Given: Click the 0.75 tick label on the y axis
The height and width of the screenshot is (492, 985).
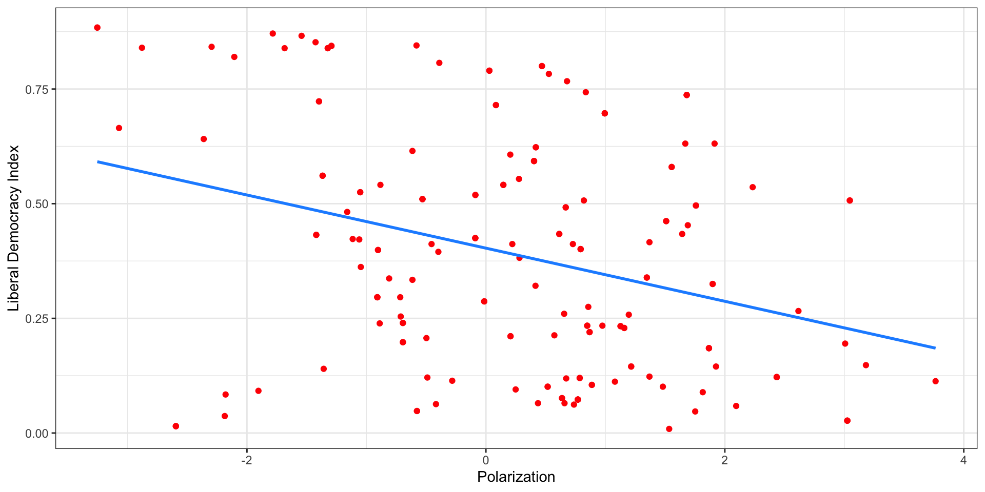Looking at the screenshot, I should click(36, 90).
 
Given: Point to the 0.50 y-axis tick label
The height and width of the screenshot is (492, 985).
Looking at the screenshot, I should click(36, 204).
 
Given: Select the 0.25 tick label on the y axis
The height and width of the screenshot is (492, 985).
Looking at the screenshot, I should click(36, 319).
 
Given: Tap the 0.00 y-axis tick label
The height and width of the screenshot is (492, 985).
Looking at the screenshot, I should click(36, 434).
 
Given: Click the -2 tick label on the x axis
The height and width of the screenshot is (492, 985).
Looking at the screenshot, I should click(246, 460).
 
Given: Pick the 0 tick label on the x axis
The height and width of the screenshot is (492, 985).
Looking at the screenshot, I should click(485, 460).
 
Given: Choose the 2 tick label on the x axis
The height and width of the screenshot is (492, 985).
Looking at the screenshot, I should click(724, 460).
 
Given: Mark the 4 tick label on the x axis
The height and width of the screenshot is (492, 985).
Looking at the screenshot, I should click(963, 460).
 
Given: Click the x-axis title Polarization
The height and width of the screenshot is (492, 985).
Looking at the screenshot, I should click(516, 477).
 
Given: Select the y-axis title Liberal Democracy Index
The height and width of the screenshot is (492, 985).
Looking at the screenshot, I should click(13, 228).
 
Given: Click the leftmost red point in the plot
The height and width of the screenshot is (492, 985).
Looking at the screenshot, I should click(97, 28).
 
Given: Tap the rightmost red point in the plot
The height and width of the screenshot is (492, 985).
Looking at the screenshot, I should click(935, 381).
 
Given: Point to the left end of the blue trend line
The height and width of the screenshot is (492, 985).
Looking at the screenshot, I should click(98, 162).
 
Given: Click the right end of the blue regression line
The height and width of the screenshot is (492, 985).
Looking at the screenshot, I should click(935, 348).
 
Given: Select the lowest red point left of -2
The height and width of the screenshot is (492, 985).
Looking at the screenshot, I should click(176, 426).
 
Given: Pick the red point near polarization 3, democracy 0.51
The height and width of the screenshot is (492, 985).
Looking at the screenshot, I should click(850, 200).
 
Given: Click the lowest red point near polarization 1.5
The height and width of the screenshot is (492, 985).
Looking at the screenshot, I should click(669, 429).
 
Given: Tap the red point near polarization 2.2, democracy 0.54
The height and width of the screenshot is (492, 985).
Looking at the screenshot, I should click(753, 187).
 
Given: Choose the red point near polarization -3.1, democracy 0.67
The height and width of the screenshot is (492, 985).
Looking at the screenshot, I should click(119, 128).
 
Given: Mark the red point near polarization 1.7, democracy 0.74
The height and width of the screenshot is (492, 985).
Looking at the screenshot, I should click(686, 95).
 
